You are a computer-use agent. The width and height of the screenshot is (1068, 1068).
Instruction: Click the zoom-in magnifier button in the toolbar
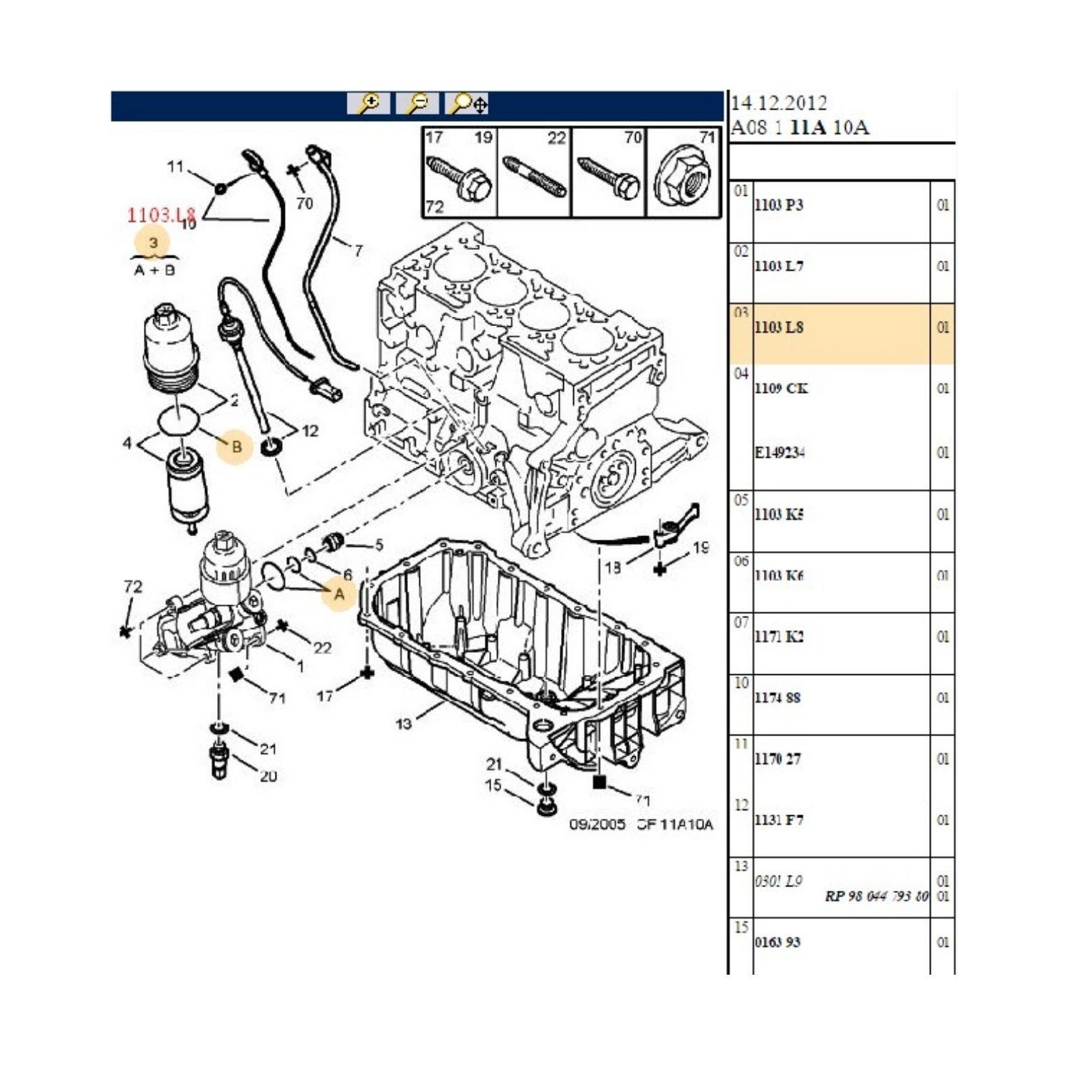pyautogui.click(x=368, y=104)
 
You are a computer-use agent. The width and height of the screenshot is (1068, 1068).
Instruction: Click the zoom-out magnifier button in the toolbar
pyautogui.click(x=417, y=104)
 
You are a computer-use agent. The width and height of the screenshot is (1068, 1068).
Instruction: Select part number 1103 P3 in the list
pyautogui.click(x=779, y=205)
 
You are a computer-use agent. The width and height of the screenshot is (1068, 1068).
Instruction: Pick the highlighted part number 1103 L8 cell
pyautogui.click(x=779, y=328)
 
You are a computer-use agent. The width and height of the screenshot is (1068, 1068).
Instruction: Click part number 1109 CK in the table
pyautogui.click(x=781, y=389)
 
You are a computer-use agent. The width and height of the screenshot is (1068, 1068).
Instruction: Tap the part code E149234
pyautogui.click(x=780, y=453)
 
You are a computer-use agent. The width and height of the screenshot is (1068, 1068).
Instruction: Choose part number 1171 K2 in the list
pyautogui.click(x=779, y=637)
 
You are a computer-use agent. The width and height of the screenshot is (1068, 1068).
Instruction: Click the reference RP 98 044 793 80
pyautogui.click(x=876, y=896)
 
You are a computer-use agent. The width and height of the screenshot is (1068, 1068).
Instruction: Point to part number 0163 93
pyautogui.click(x=778, y=943)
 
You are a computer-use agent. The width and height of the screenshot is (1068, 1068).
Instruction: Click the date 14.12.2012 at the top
pyautogui.click(x=779, y=104)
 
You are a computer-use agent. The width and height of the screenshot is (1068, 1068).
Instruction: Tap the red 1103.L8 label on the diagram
pyautogui.click(x=160, y=214)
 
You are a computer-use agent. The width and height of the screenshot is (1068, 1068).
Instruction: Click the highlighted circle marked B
pyautogui.click(x=236, y=446)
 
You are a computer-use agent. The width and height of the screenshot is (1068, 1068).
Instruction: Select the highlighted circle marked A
pyautogui.click(x=339, y=594)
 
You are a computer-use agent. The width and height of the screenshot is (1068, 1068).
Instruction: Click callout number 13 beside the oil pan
pyautogui.click(x=403, y=724)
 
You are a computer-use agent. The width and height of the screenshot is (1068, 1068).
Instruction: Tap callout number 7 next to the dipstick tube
pyautogui.click(x=358, y=251)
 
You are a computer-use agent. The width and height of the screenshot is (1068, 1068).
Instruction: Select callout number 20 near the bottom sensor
pyautogui.click(x=268, y=776)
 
